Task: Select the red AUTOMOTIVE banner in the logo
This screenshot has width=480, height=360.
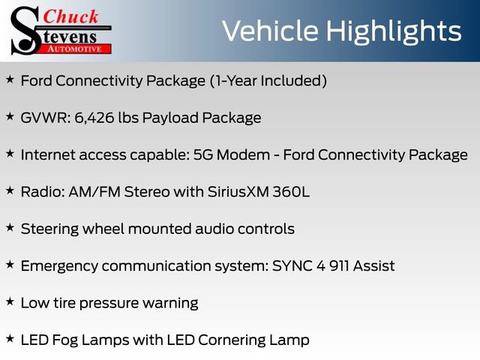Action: tap(75, 48)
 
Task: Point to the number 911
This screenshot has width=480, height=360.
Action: tap(334, 266)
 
